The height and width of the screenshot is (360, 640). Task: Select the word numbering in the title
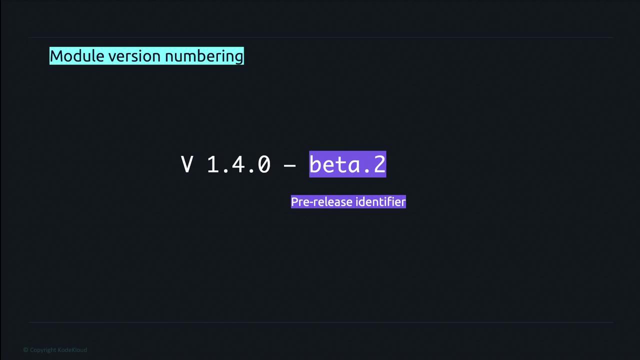pyautogui.click(x=204, y=56)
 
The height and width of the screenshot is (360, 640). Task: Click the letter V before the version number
pyautogui.click(x=187, y=164)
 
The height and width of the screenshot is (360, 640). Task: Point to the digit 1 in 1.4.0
pyautogui.click(x=213, y=164)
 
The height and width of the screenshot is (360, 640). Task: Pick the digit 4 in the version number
pyautogui.click(x=238, y=164)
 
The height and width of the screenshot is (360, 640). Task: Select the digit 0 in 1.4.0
pyautogui.click(x=264, y=164)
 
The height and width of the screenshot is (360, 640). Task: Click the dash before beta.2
pyautogui.click(x=290, y=165)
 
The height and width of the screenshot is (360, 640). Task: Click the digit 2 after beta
pyautogui.click(x=379, y=164)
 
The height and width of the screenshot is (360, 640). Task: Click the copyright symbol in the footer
pyautogui.click(x=25, y=350)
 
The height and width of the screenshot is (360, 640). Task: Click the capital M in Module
pyautogui.click(x=56, y=56)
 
